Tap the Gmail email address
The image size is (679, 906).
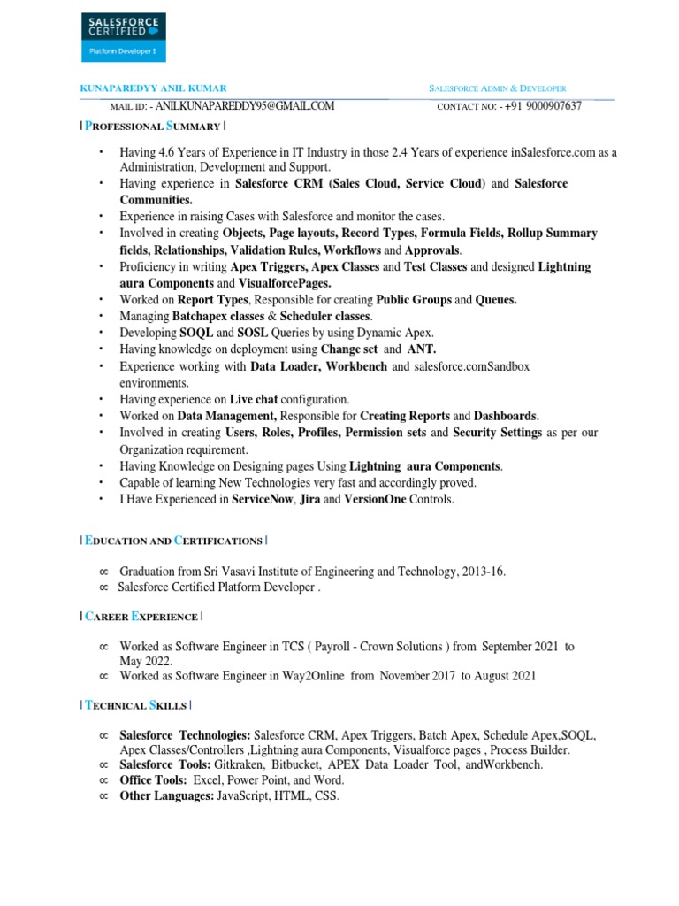pos(245,106)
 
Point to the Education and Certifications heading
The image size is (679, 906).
pos(174,540)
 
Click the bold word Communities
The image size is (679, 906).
pos(156,200)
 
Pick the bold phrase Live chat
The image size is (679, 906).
pos(254,399)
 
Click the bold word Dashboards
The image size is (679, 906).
pos(505,415)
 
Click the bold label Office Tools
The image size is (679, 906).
pos(153,780)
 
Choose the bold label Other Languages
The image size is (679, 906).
pos(166,796)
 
